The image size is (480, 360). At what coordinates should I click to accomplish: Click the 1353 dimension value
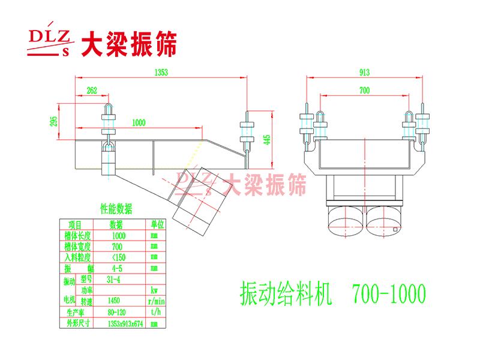coord(160,73)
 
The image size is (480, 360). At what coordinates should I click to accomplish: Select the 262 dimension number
coord(92,91)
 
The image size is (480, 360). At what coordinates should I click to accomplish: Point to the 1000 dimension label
coord(138,122)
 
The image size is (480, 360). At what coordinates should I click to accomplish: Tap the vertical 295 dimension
coord(55,122)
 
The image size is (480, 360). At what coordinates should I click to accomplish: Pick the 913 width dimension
coord(364,73)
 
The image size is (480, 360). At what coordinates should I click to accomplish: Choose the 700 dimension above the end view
coord(364,91)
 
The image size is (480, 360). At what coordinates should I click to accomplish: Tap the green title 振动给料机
coord(285,294)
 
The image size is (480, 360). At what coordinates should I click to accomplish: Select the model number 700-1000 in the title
coord(389,294)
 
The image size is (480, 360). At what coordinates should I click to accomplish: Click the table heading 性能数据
coord(116,209)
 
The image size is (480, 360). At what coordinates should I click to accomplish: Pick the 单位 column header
coord(157,224)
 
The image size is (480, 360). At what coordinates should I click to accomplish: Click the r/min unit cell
coord(157,301)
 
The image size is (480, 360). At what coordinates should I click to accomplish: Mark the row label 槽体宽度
coord(77,246)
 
